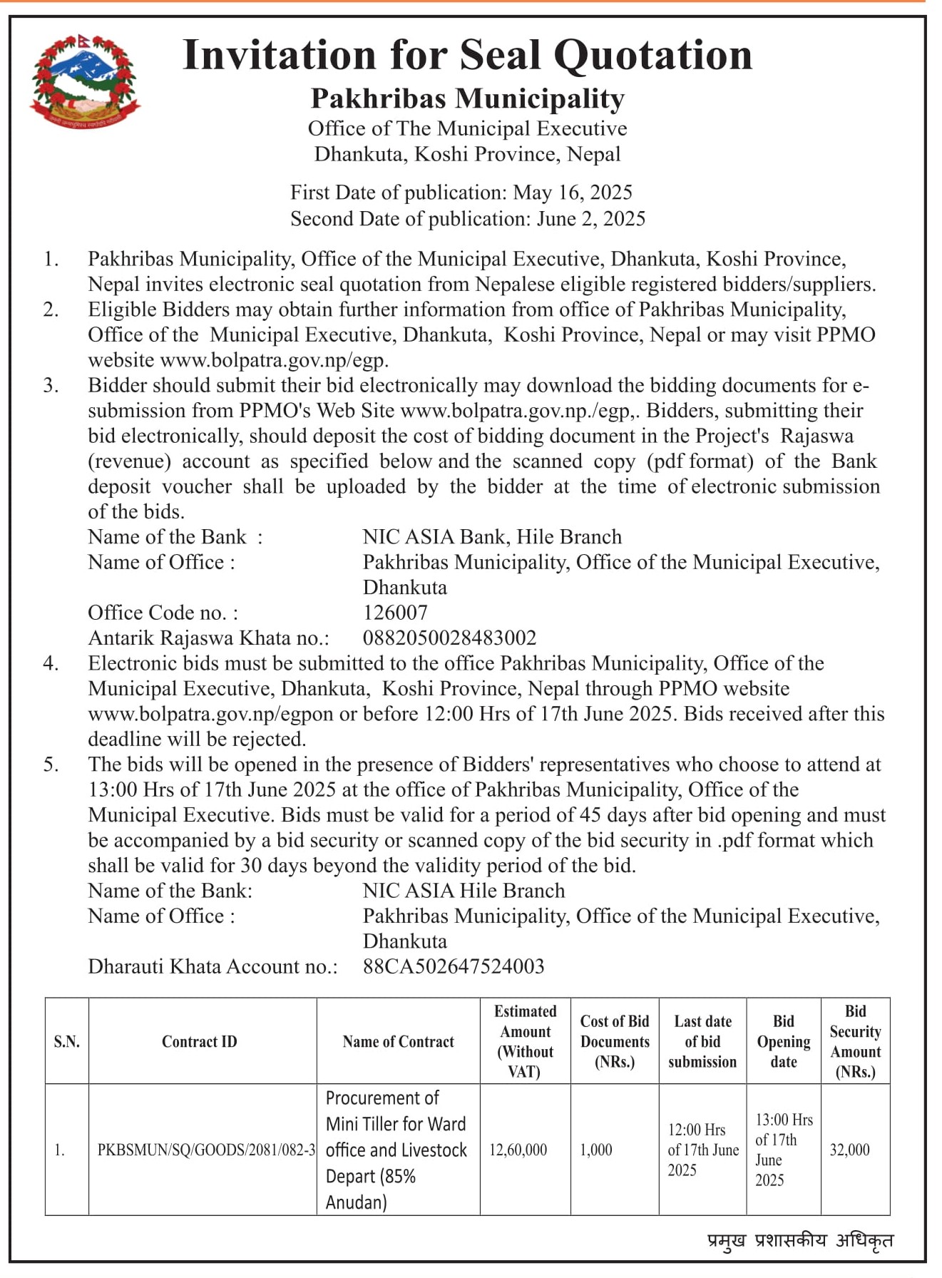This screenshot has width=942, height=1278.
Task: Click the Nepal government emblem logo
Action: point(84,81)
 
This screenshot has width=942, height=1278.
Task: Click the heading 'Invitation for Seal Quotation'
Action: point(467,55)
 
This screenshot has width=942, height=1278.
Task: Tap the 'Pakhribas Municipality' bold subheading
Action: point(467,98)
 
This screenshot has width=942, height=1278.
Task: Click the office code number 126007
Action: point(395,613)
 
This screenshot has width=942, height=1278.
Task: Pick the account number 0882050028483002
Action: point(449,638)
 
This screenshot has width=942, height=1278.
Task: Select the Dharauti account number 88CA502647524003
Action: point(454,966)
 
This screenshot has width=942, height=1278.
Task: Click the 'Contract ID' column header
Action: point(199,1041)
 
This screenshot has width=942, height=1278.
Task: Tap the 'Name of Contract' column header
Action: point(398,1041)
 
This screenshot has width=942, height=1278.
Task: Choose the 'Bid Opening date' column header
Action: point(783,1041)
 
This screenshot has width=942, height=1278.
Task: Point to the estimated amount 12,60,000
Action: point(518,1150)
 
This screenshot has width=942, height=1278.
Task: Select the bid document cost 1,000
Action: point(596,1150)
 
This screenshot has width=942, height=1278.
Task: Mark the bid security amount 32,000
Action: point(849,1150)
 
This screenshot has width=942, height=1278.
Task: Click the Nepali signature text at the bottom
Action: point(799,1240)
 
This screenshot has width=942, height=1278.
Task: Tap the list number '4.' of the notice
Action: point(51,663)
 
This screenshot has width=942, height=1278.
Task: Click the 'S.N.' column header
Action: point(66,1041)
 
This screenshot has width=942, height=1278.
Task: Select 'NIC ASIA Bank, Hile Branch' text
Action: point(492,537)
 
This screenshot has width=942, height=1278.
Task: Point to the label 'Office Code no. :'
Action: point(163,613)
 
